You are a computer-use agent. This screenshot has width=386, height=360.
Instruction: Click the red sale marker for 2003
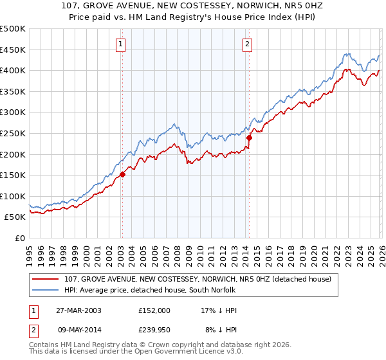pyautogui.click(x=122, y=174)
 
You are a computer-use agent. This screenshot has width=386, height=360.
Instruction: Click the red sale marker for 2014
pyautogui.click(x=248, y=137)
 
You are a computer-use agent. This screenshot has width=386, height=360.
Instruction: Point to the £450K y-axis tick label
pyautogui.click(x=13, y=50)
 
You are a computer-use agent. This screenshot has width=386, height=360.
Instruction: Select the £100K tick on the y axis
pyautogui.click(x=13, y=196)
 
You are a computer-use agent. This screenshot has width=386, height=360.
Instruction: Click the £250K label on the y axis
pyautogui.click(x=13, y=133)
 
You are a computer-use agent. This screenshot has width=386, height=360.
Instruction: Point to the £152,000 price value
pyautogui.click(x=154, y=310)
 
